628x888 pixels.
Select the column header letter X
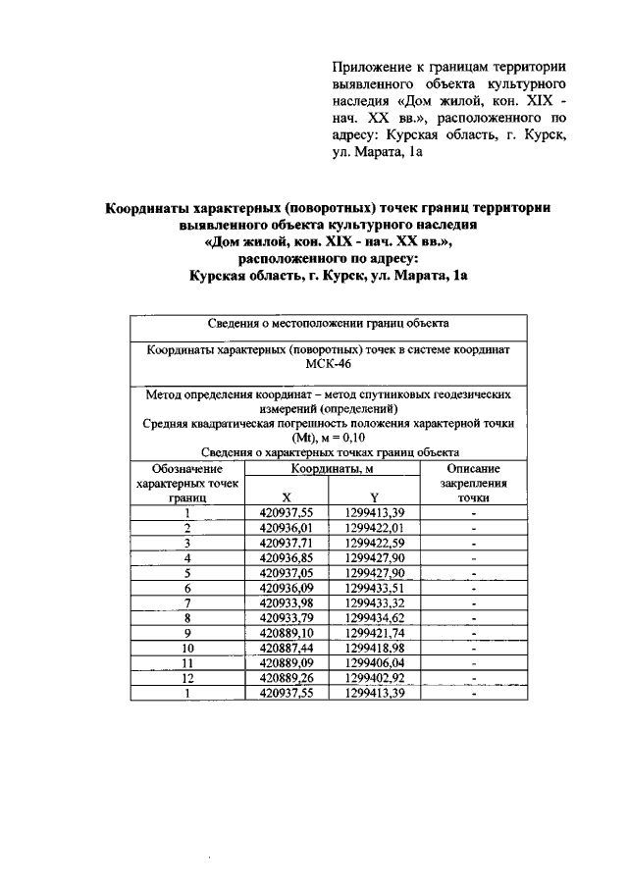click(285, 496)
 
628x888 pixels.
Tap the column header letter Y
click(375, 496)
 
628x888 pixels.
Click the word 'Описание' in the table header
click(473, 470)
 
